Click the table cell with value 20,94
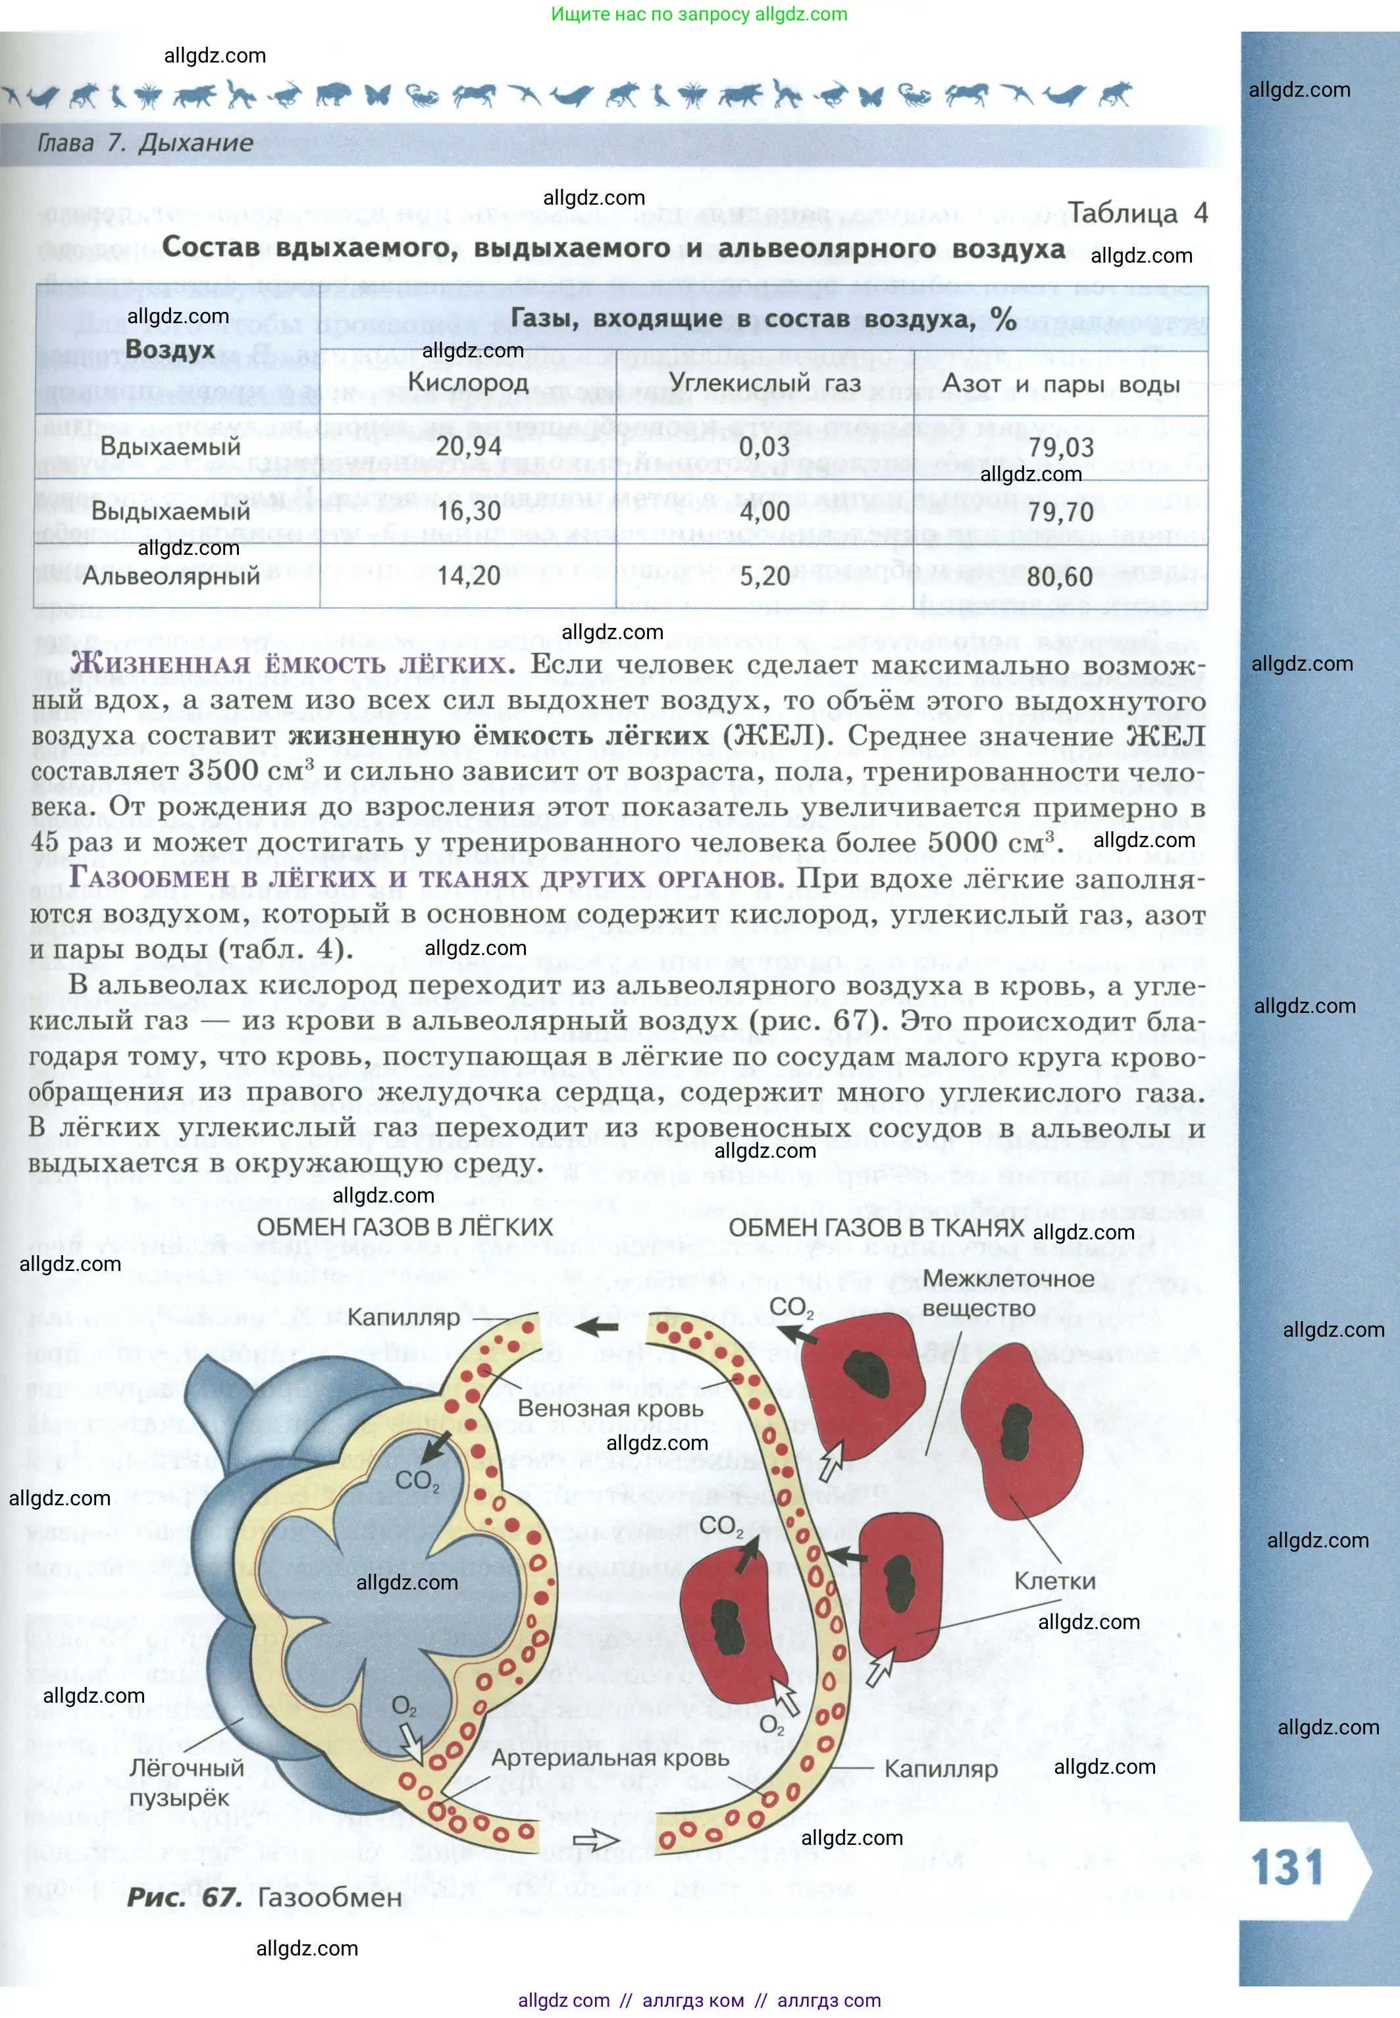[469, 446]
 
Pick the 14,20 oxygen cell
[469, 575]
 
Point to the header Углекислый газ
[764, 382]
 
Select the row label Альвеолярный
[171, 576]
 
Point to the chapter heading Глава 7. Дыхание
[145, 143]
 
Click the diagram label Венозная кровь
[611, 1408]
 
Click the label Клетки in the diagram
[1054, 1580]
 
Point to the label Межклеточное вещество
[1007, 1293]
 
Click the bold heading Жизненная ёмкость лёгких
[293, 664]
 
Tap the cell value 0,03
[764, 446]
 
